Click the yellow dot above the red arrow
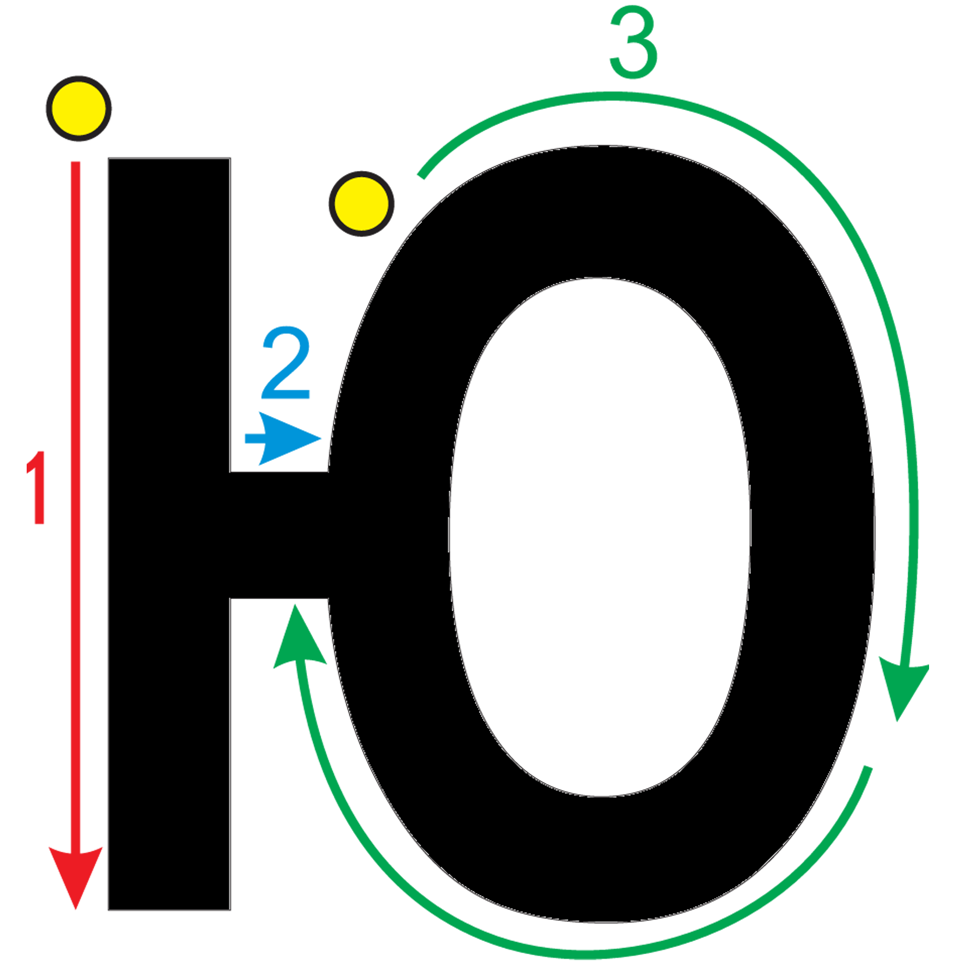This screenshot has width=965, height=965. tap(79, 108)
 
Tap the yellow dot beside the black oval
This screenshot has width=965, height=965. tap(361, 204)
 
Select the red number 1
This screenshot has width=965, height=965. tap(36, 487)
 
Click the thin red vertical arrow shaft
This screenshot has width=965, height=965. tap(76, 506)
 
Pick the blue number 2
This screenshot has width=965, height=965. tap(286, 362)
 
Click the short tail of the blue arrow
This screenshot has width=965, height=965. tap(255, 439)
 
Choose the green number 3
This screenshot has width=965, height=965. tap(633, 42)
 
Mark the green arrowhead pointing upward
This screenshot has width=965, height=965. tap(298, 636)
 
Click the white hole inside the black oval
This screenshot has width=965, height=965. tap(600, 537)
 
